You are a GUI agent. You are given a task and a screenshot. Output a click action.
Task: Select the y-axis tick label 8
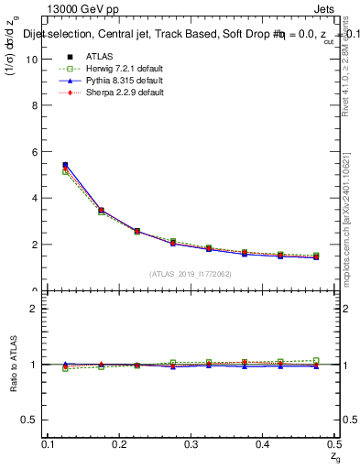(x=37, y=106)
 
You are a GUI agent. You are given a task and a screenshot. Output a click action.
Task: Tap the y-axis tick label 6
(x=37, y=152)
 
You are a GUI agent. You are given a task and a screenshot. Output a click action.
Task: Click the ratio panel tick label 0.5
(x=33, y=420)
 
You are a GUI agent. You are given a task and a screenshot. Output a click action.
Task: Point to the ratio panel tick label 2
(x=37, y=309)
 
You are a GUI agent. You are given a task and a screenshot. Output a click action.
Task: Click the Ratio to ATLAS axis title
(x=12, y=364)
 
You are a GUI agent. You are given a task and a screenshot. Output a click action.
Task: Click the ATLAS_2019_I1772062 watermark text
(x=190, y=273)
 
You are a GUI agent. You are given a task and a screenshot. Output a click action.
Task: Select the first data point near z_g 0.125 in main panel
(x=65, y=166)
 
